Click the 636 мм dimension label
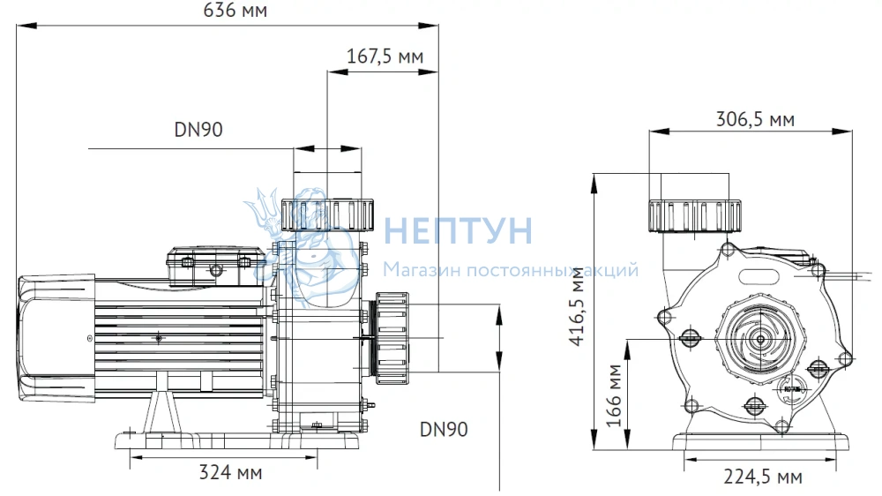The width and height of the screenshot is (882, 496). [235, 10]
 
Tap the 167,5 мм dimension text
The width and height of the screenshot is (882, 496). [385, 56]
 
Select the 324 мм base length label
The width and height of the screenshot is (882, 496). [230, 472]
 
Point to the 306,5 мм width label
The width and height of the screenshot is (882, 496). [755, 119]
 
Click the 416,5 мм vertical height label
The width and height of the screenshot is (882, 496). [578, 306]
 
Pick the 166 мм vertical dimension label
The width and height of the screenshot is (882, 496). [614, 395]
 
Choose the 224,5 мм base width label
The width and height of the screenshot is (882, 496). [763, 477]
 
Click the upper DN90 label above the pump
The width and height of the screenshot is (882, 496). [198, 130]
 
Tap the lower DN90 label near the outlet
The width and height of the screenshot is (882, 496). [444, 430]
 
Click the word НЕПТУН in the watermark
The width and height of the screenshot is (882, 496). [458, 230]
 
